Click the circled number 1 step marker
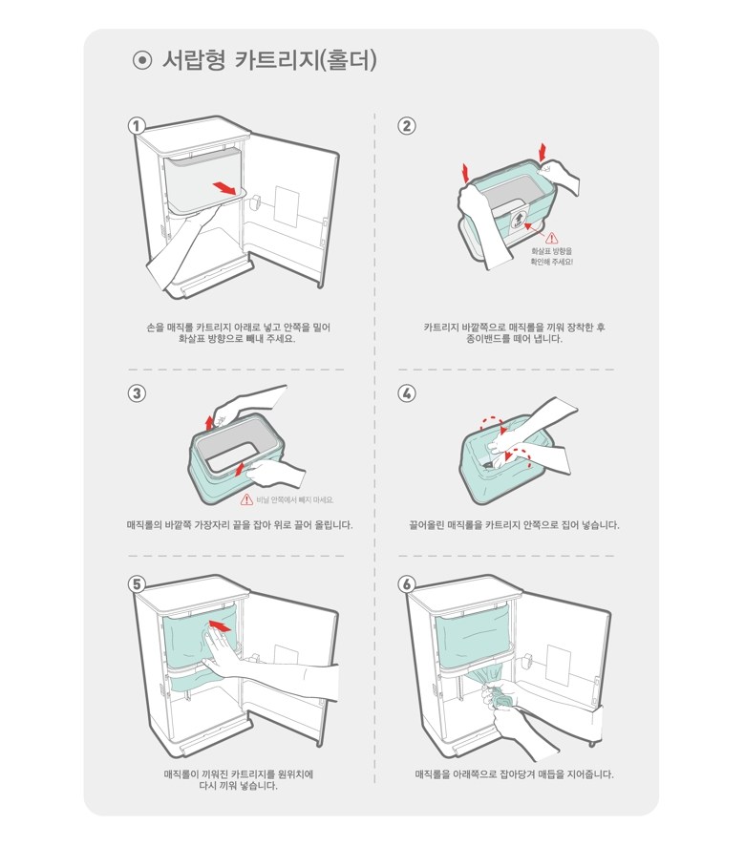tap(137, 126)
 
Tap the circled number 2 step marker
tap(407, 126)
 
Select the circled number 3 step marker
tap(137, 393)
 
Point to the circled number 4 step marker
tap(407, 393)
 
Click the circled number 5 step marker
tap(137, 584)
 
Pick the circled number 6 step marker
tap(407, 584)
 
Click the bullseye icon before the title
tap(142, 60)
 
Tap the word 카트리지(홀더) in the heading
tap(307, 60)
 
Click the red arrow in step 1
tap(224, 187)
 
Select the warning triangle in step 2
tap(552, 237)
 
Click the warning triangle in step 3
tap(246, 499)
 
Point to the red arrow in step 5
tap(220, 625)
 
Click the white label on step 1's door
tap(286, 206)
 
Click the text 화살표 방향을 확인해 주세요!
tap(551, 256)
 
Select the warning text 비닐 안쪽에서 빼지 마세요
tap(294, 500)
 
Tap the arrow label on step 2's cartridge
tap(518, 219)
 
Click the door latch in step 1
tap(255, 201)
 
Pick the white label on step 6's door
tap(558, 665)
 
